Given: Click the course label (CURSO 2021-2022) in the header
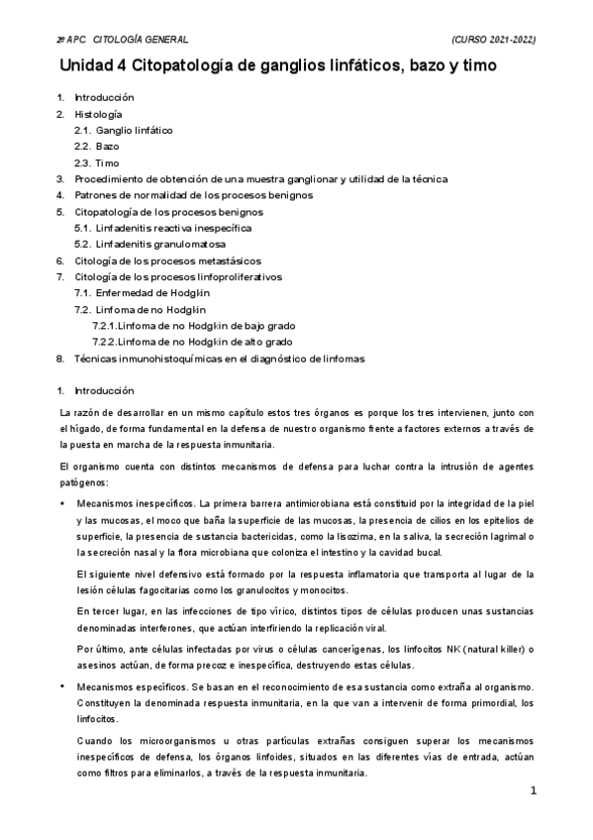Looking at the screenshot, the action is [x=492, y=39].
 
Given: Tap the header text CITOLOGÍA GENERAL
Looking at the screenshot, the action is [x=140, y=39].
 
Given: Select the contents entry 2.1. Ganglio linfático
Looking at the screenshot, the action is [x=125, y=131].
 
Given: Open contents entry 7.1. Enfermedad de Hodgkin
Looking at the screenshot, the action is [x=145, y=293].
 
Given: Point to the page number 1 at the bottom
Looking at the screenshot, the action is [x=533, y=791].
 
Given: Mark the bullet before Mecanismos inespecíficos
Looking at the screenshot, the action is [x=62, y=504].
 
